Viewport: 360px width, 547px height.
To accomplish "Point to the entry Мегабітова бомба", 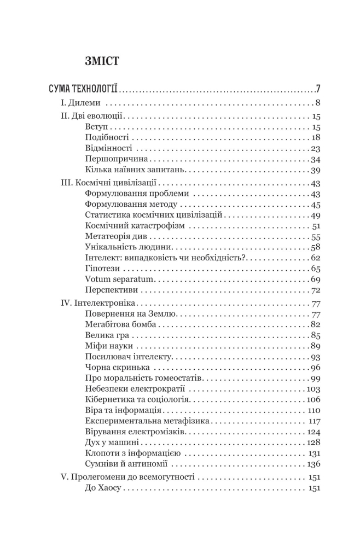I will tap(120, 324).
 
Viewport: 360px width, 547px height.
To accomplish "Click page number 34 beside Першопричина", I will tap(315, 160).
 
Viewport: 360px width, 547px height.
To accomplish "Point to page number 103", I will tap(313, 389).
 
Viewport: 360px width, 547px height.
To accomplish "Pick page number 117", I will tap(314, 421).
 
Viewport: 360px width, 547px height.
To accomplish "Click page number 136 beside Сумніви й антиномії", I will tap(313, 464).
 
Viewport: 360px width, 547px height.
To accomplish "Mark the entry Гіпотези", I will tap(103, 269).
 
